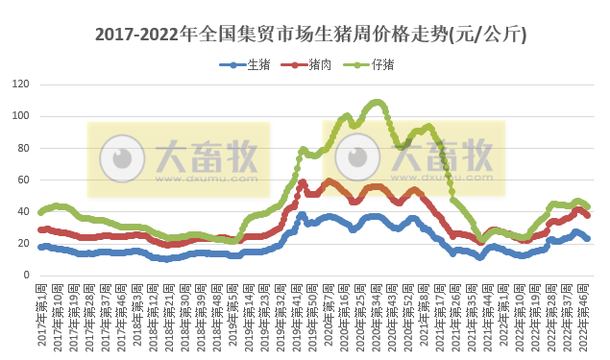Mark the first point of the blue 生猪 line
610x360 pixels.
coord(40,247)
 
